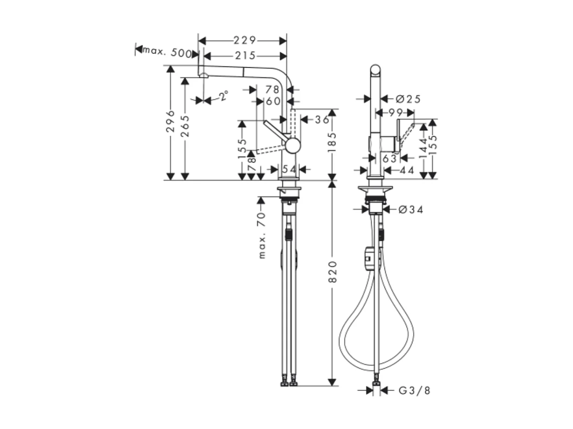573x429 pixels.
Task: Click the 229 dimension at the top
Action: pos(245,41)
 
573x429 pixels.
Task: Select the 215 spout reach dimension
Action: pos(245,56)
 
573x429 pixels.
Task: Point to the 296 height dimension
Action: pos(170,122)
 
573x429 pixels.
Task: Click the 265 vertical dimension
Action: pos(185,126)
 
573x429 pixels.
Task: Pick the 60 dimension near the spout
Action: pos(273,101)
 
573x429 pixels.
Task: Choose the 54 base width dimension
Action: pos(289,170)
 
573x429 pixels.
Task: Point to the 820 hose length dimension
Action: pos(332,272)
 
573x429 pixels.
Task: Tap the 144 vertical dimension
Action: pos(423,148)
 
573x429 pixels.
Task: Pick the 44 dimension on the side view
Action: pos(406,171)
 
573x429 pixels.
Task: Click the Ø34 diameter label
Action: pos(410,210)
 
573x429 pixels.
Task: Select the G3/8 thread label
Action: pos(414,391)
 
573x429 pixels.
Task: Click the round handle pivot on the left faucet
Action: pos(293,146)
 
